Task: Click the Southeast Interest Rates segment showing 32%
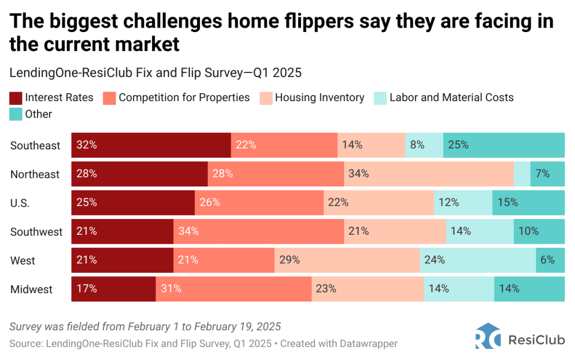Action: [x=151, y=145]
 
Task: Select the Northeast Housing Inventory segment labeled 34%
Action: [x=429, y=174]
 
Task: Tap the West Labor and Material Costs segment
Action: [x=478, y=261]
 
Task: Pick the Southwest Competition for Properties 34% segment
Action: [x=258, y=231]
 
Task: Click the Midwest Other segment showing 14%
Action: [x=529, y=289]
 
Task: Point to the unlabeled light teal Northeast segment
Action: [x=522, y=174]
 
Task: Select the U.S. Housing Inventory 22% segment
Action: [x=378, y=203]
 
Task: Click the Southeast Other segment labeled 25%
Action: [x=504, y=145]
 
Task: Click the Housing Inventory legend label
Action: [x=320, y=98]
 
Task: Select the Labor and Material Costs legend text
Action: [x=451, y=98]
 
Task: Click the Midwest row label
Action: [x=31, y=290]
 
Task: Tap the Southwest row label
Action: [x=36, y=232]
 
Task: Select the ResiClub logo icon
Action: [x=487, y=339]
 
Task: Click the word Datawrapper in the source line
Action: [x=370, y=343]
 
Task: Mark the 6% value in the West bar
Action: [x=547, y=261]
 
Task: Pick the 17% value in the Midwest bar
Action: [x=88, y=289]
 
